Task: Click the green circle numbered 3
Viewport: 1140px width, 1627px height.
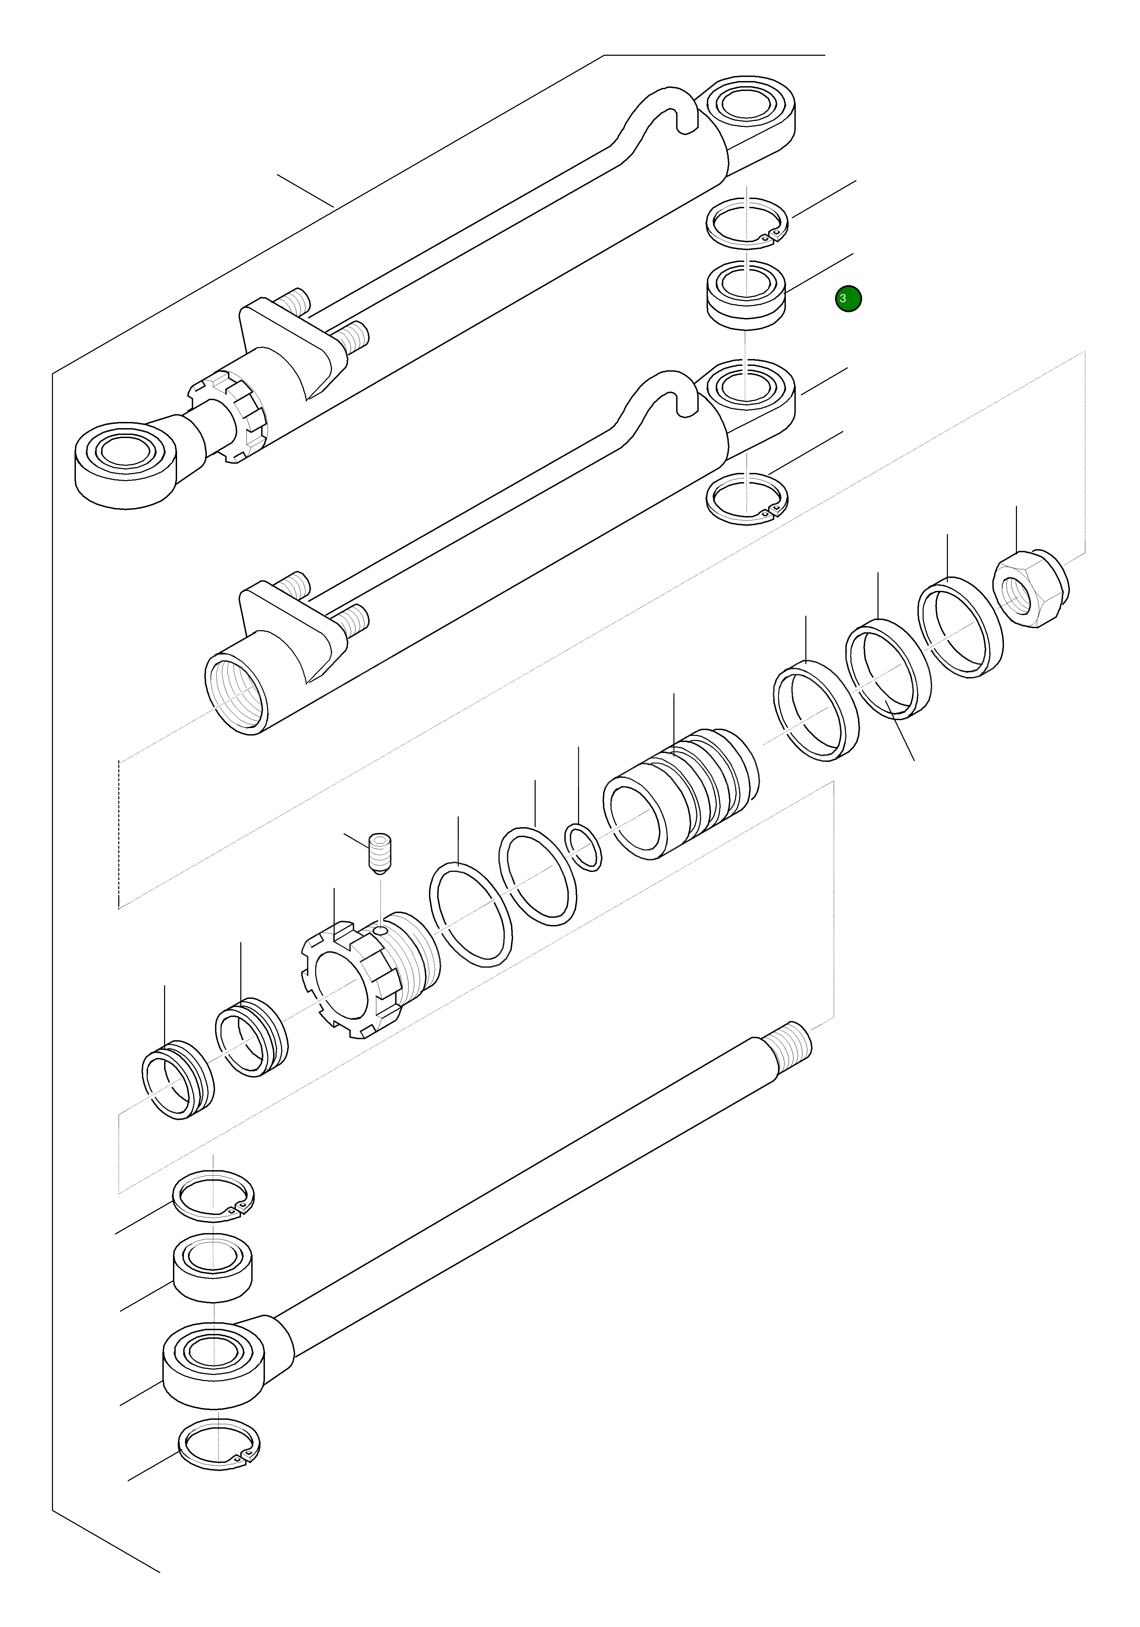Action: [848, 298]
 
